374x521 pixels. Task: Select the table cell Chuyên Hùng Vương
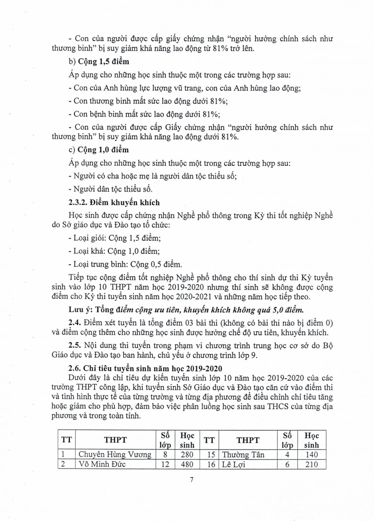click(x=115, y=455)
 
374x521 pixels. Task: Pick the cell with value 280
click(x=187, y=455)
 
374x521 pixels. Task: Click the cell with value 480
click(x=187, y=464)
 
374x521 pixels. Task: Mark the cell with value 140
click(x=311, y=455)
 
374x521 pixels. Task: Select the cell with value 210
click(x=311, y=464)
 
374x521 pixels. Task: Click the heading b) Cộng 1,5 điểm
click(x=99, y=61)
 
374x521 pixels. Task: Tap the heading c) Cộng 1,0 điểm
click(x=99, y=150)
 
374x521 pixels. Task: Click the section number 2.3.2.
click(x=78, y=202)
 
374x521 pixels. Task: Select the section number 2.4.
click(x=74, y=323)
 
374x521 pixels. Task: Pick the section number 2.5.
click(x=74, y=346)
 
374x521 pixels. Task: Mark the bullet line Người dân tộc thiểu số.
click(x=111, y=189)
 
